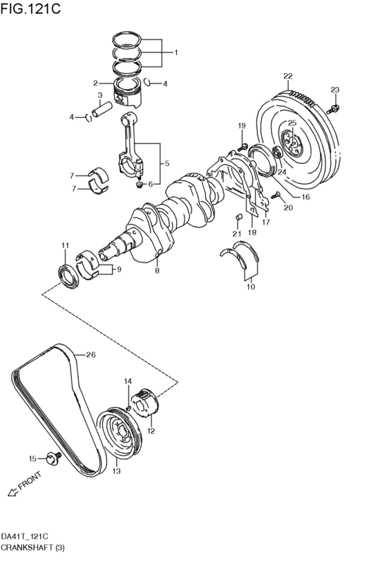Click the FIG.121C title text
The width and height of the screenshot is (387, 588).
[x=30, y=8]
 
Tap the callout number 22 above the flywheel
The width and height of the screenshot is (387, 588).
[x=287, y=77]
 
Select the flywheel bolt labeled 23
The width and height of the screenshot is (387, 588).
[x=333, y=109]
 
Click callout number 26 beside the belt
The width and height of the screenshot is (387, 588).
[x=91, y=354]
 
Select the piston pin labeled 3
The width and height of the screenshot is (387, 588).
[x=102, y=109]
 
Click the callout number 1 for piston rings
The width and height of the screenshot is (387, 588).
[x=176, y=53]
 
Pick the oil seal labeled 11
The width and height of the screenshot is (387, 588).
[x=68, y=277]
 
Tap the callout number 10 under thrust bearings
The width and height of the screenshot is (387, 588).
[x=250, y=287]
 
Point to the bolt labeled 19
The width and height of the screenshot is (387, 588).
[x=243, y=146]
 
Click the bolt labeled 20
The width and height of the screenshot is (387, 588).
[x=276, y=194]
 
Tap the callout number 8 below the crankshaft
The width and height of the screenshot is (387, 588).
[x=157, y=271]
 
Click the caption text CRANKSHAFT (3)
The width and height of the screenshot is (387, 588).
[x=32, y=547]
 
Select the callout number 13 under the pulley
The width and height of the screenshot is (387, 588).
[x=116, y=471]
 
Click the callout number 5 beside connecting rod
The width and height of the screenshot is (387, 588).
[x=167, y=163]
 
